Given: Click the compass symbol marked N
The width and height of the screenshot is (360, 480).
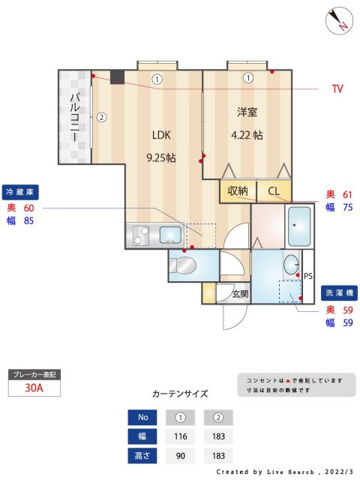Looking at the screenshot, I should (339, 20).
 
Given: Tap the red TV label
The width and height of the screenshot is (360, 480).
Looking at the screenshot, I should (337, 88).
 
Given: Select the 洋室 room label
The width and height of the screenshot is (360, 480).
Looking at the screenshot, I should (247, 112).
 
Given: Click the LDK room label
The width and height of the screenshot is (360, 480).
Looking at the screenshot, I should (161, 136).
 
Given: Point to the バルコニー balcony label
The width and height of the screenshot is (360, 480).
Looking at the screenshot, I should (75, 118).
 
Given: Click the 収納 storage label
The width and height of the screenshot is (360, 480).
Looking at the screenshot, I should (238, 191).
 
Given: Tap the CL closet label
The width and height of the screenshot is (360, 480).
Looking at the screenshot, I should (273, 191).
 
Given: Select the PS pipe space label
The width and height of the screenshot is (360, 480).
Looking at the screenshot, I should (307, 276).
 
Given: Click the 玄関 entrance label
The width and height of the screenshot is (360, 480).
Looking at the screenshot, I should (240, 293).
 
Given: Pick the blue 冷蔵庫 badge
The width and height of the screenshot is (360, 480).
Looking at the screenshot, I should (20, 192).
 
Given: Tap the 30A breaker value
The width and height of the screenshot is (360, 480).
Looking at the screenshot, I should (34, 388).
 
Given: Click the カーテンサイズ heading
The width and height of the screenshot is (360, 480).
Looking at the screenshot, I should (180, 393).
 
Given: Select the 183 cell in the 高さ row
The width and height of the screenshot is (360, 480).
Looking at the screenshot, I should (218, 456).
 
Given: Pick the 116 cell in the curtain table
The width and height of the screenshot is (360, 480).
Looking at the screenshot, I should (180, 436).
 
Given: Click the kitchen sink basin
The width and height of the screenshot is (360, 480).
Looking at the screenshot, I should (170, 235).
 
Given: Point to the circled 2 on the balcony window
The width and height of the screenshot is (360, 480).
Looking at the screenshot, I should (101, 117).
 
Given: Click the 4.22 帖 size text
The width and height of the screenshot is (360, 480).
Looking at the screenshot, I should (247, 136).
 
